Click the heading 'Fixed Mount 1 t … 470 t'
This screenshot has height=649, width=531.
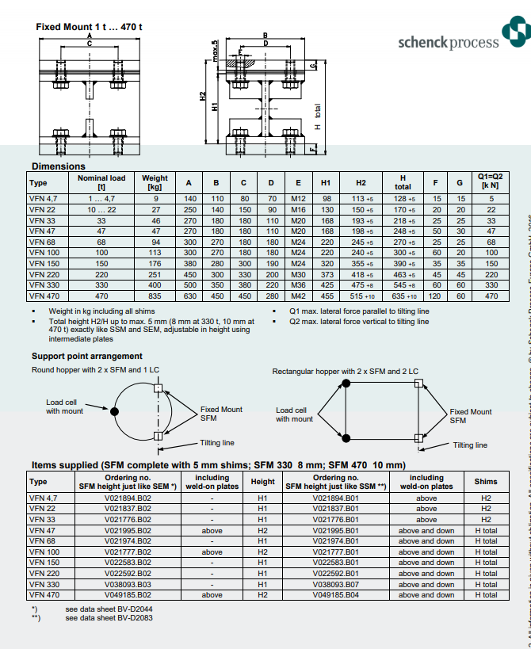[89, 27]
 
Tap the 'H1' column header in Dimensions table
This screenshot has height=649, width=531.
[326, 182]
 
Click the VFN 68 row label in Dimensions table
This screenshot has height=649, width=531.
[42, 242]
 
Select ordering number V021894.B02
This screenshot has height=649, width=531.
[128, 498]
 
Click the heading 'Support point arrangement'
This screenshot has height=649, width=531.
[87, 357]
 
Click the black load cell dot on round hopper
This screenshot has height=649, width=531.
[114, 411]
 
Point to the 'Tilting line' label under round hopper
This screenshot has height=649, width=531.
[217, 443]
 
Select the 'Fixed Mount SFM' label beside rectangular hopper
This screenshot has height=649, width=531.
[470, 416]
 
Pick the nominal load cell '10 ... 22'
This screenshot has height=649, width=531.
[101, 208]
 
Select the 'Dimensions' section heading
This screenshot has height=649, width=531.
[58, 166]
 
